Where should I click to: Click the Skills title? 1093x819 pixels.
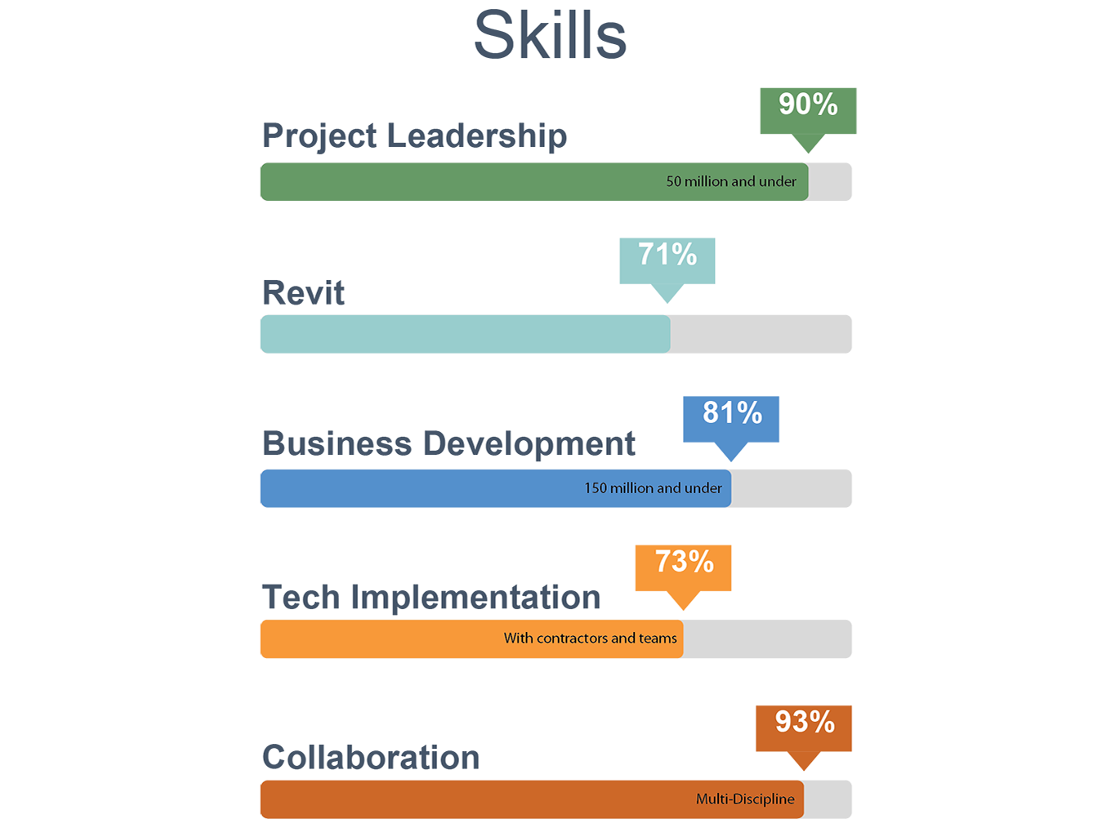pyautogui.click(x=550, y=35)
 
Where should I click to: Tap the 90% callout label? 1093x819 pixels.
pyautogui.click(x=808, y=105)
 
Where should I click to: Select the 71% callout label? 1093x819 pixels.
pyautogui.click(x=667, y=256)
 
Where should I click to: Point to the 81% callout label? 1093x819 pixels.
pyautogui.click(x=732, y=414)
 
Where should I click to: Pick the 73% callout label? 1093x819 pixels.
pyautogui.click(x=684, y=563)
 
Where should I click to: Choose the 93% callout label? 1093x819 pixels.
pyautogui.click(x=805, y=723)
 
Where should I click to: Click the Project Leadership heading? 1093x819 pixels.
pyautogui.click(x=414, y=136)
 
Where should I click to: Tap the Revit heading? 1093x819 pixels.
pyautogui.click(x=303, y=293)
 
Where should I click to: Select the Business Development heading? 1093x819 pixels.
pyautogui.click(x=448, y=444)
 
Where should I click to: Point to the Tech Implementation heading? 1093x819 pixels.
pyautogui.click(x=431, y=598)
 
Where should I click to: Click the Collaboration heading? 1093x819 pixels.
pyautogui.click(x=370, y=758)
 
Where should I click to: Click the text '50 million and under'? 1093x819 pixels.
pyautogui.click(x=731, y=182)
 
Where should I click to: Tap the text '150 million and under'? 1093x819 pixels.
pyautogui.click(x=653, y=489)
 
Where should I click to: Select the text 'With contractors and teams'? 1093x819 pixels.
pyautogui.click(x=590, y=639)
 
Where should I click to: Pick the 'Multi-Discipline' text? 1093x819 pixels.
pyautogui.click(x=745, y=799)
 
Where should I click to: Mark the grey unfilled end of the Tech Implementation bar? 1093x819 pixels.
pyautogui.click(x=767, y=639)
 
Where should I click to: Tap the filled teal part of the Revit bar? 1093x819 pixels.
pyautogui.click(x=464, y=334)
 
